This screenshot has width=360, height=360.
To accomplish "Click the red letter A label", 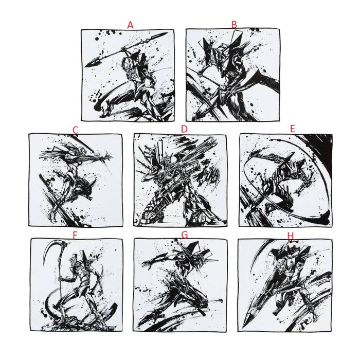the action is pyautogui.click(x=130, y=25).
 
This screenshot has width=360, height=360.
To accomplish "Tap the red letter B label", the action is pyautogui.click(x=234, y=24).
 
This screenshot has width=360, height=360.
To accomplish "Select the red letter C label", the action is pyautogui.click(x=75, y=130).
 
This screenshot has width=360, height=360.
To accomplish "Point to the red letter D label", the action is pyautogui.click(x=184, y=129).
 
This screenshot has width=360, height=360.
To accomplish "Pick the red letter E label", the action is pyautogui.click(x=292, y=129).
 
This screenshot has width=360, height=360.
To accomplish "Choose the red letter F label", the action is pyautogui.click(x=75, y=235).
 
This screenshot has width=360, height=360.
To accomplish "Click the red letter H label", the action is pyautogui.click(x=291, y=236).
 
